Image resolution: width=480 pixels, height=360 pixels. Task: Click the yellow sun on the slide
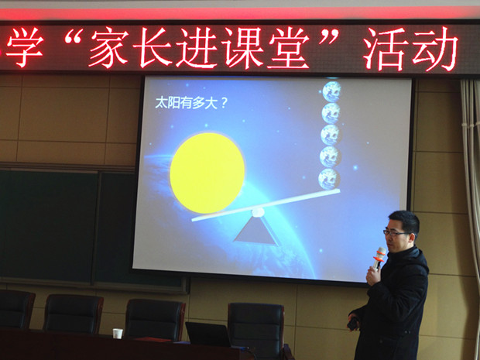click(207, 173)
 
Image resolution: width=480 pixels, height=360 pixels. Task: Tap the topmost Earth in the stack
click(331, 91)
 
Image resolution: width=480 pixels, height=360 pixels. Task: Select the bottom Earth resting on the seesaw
click(329, 179)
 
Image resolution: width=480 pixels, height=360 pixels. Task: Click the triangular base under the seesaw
click(256, 231)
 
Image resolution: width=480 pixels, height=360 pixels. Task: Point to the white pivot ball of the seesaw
click(258, 212)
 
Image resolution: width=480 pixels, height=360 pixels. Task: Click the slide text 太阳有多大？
click(191, 103)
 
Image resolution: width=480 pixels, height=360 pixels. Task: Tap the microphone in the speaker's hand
click(379, 258)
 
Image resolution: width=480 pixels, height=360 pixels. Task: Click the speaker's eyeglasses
click(396, 233)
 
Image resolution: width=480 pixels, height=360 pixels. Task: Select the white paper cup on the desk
click(118, 334)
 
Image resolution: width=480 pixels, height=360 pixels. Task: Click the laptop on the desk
click(209, 334)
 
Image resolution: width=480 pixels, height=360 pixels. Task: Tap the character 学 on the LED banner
click(25, 47)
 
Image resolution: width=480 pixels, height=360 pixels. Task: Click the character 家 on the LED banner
click(108, 46)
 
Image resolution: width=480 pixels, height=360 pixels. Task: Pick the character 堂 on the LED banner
click(288, 47)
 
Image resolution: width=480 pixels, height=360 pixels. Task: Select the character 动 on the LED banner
click(435, 48)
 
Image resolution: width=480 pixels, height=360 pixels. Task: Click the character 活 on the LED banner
click(386, 48)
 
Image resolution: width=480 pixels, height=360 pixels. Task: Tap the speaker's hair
click(405, 221)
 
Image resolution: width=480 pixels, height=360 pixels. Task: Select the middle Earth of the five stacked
click(331, 135)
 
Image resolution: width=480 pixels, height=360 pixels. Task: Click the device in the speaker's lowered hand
click(353, 324)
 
